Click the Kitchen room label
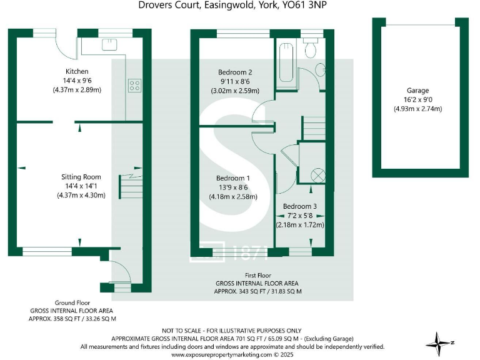click(77, 71)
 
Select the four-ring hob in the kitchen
click(134, 86)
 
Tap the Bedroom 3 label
click(300, 206)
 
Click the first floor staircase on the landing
click(314, 129)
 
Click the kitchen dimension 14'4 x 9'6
click(77, 81)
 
